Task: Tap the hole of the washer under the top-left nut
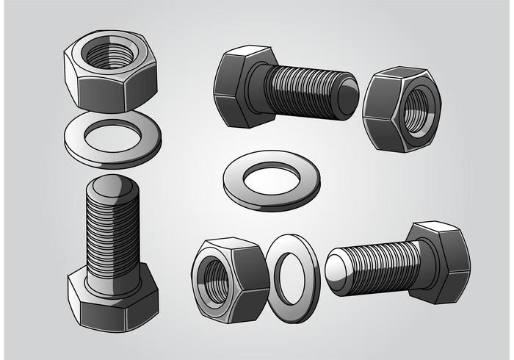click(x=112, y=135)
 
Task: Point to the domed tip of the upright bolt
click(x=112, y=190)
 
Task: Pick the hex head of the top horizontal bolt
click(x=234, y=84)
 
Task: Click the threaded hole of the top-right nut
click(x=415, y=111)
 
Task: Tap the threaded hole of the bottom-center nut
click(x=214, y=278)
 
